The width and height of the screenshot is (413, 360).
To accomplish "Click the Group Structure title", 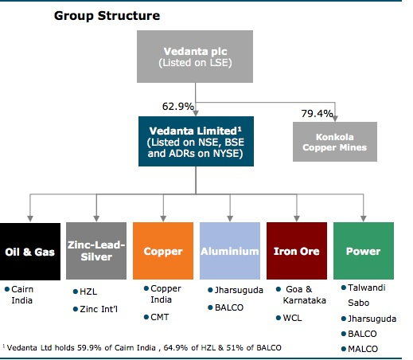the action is click(x=107, y=16).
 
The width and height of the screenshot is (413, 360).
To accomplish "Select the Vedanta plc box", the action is click(x=195, y=57).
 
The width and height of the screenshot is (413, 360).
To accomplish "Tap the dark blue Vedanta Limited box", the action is click(x=196, y=141).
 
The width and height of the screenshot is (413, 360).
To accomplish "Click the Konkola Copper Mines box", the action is click(x=335, y=142).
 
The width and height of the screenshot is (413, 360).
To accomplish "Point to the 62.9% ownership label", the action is click(x=178, y=107).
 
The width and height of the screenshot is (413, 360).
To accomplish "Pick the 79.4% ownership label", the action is click(x=317, y=114).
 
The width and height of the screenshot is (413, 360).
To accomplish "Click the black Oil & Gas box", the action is click(x=30, y=252).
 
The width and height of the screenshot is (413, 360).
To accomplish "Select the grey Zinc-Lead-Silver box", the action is click(x=96, y=251).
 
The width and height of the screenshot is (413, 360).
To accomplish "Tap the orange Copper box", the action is click(x=163, y=251).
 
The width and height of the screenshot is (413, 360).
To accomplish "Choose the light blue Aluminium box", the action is click(x=230, y=251).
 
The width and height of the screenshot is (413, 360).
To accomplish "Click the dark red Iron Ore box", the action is click(x=297, y=251).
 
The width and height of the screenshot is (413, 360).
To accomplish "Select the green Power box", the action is click(x=364, y=251).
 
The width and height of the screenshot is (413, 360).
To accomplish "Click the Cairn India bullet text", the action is click(x=22, y=295).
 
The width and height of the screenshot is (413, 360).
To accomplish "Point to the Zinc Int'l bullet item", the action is click(x=99, y=309).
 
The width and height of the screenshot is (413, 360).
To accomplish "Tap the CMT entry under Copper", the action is click(x=160, y=317).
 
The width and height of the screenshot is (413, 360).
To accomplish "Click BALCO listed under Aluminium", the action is click(x=229, y=307).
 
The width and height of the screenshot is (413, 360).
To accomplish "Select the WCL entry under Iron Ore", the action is click(x=292, y=318).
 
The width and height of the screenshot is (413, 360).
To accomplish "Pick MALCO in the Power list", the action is click(x=363, y=349).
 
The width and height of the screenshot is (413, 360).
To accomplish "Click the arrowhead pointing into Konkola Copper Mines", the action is click(x=335, y=119).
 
